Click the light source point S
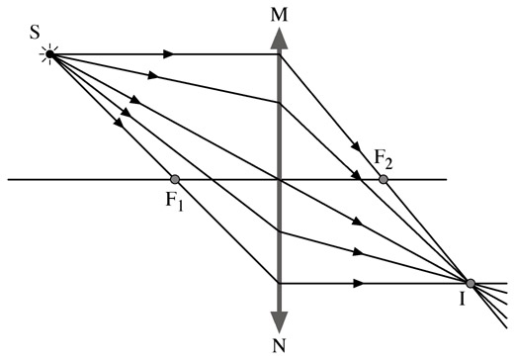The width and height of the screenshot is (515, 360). pyautogui.click(x=49, y=54)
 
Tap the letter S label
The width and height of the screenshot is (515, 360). pyautogui.click(x=35, y=33)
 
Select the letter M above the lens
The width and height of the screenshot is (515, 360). pyautogui.click(x=279, y=16)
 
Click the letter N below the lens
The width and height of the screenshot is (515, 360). pyautogui.click(x=279, y=345)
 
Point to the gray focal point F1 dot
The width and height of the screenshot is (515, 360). pyautogui.click(x=175, y=179)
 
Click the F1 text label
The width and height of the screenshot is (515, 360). pyautogui.click(x=174, y=201)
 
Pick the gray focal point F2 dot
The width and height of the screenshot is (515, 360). pyautogui.click(x=383, y=179)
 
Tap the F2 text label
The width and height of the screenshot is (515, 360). pyautogui.click(x=384, y=160)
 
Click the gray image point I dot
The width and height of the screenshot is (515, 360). pyautogui.click(x=471, y=283)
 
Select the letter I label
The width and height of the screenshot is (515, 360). pyautogui.click(x=463, y=299)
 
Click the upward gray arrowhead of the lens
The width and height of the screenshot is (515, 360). pyautogui.click(x=279, y=39)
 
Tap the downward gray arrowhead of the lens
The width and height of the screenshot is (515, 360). pyautogui.click(x=279, y=322)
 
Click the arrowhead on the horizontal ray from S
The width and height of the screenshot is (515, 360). pyautogui.click(x=168, y=54)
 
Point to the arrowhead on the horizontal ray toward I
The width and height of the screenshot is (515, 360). pyautogui.click(x=358, y=283)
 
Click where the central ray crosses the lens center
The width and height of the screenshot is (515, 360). pyautogui.click(x=279, y=180)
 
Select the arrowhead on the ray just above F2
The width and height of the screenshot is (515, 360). pyautogui.click(x=356, y=146)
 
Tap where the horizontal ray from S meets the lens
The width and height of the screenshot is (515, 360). pyautogui.click(x=279, y=54)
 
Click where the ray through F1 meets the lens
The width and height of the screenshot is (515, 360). pyautogui.click(x=279, y=283)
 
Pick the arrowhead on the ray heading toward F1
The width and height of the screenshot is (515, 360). pyautogui.click(x=119, y=123)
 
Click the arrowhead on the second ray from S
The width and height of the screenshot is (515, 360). pyautogui.click(x=152, y=75)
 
